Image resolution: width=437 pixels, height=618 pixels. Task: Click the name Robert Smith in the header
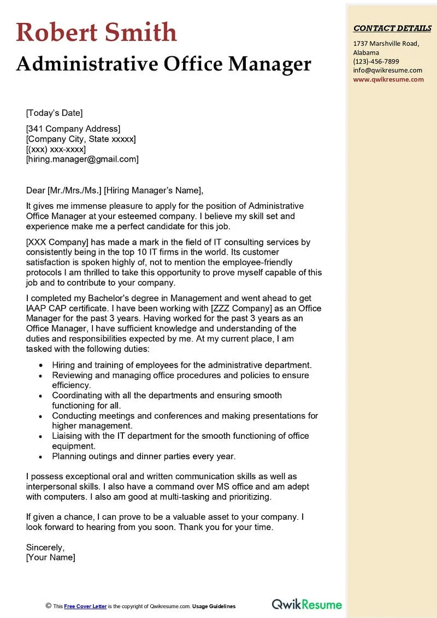tap(97, 32)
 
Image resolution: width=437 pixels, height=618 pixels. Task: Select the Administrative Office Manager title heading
tap(163, 64)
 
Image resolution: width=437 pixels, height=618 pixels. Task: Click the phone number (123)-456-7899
tap(376, 61)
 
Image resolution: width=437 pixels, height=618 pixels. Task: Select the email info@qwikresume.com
tap(387, 70)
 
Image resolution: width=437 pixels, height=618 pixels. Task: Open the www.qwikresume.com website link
tap(388, 79)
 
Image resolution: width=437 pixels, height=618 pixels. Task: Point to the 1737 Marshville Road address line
tap(386, 44)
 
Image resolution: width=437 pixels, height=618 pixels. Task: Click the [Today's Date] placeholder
tap(54, 113)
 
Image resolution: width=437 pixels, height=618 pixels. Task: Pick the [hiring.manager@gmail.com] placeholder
tap(82, 159)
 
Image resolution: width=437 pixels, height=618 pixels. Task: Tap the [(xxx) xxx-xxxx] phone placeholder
tap(56, 149)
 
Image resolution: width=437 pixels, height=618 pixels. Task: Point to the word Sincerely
tap(45, 547)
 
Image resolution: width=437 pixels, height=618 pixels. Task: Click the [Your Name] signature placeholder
tap(50, 557)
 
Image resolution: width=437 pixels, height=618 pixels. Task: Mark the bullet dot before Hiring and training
tap(40, 366)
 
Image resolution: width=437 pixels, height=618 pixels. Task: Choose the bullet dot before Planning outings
tap(40, 457)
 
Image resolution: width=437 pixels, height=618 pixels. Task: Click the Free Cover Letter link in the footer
tap(85, 606)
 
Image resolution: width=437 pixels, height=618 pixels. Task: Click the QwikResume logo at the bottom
tap(307, 604)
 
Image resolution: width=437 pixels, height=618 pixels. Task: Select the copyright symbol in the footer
tap(49, 605)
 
